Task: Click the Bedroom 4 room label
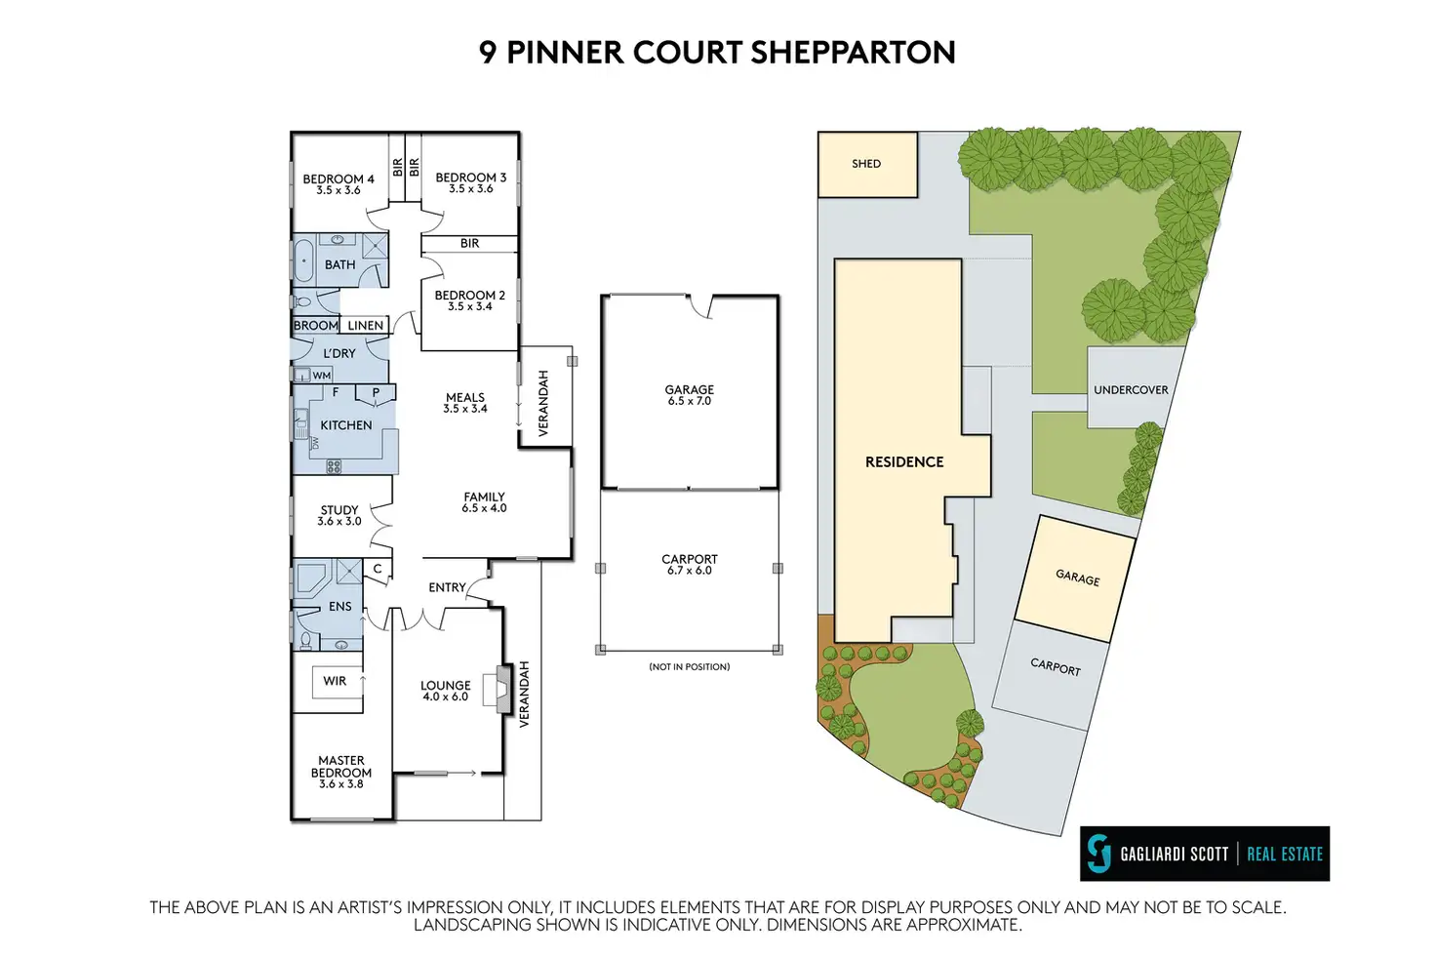(x=338, y=179)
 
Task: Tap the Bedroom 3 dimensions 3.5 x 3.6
(x=470, y=189)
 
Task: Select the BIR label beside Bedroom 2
(x=469, y=244)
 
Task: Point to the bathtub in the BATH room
(x=303, y=261)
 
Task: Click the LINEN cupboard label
(x=366, y=326)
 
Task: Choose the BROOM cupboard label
(x=315, y=326)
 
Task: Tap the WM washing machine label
(x=322, y=376)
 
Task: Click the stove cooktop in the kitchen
(x=334, y=466)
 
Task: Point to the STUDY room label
(x=339, y=510)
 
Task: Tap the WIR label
(x=335, y=681)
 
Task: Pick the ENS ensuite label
(x=339, y=607)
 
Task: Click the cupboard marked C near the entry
(x=378, y=569)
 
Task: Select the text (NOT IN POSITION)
(x=689, y=666)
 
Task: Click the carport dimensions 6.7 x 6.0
(x=689, y=571)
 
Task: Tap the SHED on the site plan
(x=867, y=165)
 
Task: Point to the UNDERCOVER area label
(x=1131, y=389)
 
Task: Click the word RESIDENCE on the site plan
(x=904, y=462)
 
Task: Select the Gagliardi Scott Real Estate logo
(x=1205, y=854)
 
